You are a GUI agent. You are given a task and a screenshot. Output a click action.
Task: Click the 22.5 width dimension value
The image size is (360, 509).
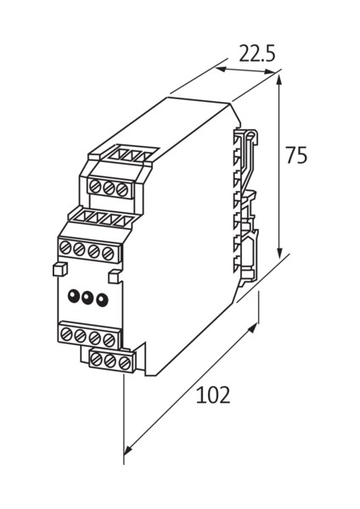click(x=257, y=54)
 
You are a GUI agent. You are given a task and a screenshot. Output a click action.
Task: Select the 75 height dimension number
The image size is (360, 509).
click(x=295, y=156)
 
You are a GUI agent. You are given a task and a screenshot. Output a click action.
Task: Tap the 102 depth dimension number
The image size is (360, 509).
click(x=213, y=396)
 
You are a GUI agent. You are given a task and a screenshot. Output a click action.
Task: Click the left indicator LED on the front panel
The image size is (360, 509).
click(x=73, y=295)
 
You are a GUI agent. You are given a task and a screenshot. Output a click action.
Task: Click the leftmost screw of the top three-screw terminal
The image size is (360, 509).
click(x=95, y=185)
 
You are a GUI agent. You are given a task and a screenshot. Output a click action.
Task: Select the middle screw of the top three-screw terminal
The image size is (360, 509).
click(x=108, y=187)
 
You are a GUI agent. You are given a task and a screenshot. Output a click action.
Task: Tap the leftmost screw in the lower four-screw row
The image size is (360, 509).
click(x=65, y=333)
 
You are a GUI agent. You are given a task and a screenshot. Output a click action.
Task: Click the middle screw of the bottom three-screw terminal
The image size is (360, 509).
click(x=111, y=361)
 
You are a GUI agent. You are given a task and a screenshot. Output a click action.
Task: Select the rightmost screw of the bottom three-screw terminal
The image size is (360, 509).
click(x=125, y=363)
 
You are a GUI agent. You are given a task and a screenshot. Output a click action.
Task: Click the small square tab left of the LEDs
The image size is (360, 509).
click(x=59, y=269)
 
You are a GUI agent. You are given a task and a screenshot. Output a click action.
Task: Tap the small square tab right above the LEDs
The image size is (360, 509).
click(x=115, y=277)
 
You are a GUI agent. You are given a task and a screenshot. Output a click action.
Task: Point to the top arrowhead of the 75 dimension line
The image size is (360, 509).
click(x=279, y=76)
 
